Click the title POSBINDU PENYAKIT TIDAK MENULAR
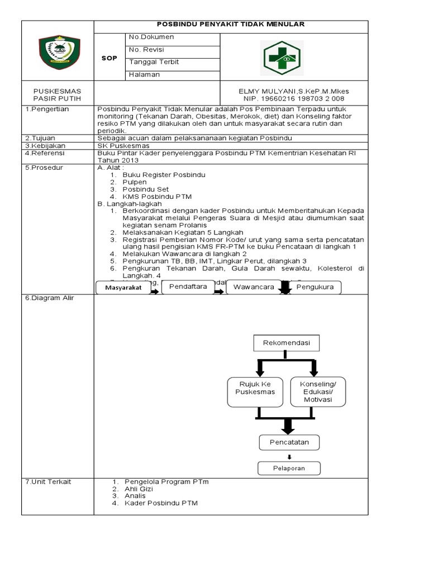[231, 25]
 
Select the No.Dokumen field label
[151, 37]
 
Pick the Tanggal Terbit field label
[154, 62]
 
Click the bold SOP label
[109, 58]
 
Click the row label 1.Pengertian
[47, 109]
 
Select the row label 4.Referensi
[46, 152]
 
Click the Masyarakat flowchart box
[123, 288]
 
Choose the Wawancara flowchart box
[253, 287]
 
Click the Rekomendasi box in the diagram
[286, 342]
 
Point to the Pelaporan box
[289, 468]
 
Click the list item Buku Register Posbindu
[164, 175]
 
